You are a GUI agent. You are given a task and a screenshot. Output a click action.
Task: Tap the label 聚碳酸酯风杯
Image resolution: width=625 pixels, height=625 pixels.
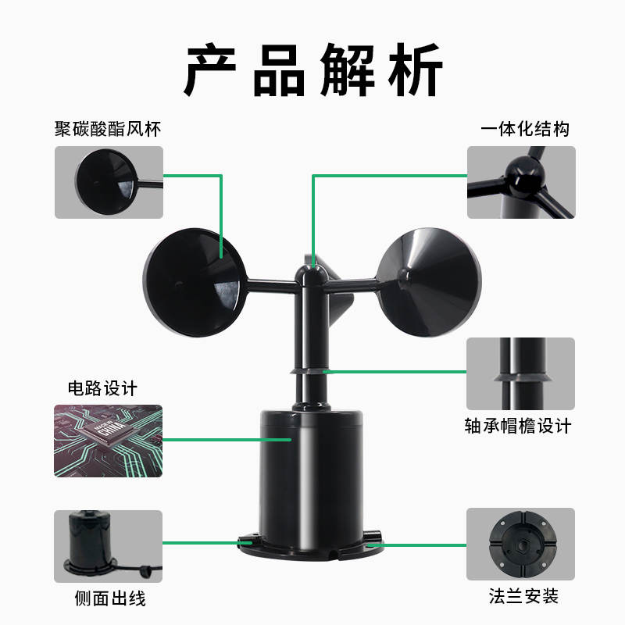point(108,128)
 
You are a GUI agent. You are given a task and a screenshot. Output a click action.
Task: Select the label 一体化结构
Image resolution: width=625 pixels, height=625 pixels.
point(524,128)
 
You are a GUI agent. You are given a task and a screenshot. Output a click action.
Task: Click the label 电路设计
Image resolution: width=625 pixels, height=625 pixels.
point(102,388)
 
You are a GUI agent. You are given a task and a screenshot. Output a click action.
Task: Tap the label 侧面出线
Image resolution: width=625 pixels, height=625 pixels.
point(109,599)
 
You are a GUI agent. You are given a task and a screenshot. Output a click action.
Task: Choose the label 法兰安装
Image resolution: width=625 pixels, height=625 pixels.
point(520,597)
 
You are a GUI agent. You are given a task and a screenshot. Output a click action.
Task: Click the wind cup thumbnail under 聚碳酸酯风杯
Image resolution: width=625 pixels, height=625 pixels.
point(109,182)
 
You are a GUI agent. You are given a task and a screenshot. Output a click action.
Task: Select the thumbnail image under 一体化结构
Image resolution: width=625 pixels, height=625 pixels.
point(521,182)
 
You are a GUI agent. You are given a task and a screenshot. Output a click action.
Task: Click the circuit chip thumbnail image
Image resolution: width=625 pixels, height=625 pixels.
point(109,441)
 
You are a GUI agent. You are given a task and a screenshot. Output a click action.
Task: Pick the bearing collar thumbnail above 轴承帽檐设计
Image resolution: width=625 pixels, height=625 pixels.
point(521,374)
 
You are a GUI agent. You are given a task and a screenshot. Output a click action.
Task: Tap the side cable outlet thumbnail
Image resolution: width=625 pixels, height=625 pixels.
point(109,546)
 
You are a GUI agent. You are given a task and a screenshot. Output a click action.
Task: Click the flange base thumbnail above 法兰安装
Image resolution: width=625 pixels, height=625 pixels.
point(521,544)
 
